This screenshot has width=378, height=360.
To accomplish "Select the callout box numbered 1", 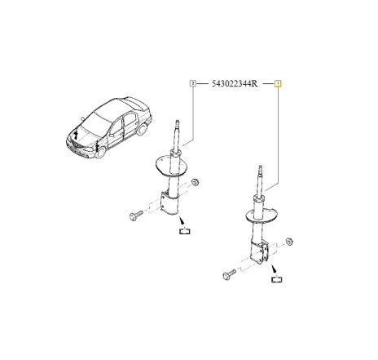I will (278, 83).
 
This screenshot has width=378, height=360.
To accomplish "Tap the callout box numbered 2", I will (193, 83).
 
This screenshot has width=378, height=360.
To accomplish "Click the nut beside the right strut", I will (290, 242).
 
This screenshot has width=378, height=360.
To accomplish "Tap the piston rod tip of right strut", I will (262, 169).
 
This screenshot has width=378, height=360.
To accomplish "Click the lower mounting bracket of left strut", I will (169, 203).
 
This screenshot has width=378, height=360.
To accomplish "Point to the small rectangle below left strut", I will (184, 233).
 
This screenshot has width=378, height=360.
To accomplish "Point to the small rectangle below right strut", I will (278, 282).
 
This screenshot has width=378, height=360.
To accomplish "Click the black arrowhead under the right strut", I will (275, 269).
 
